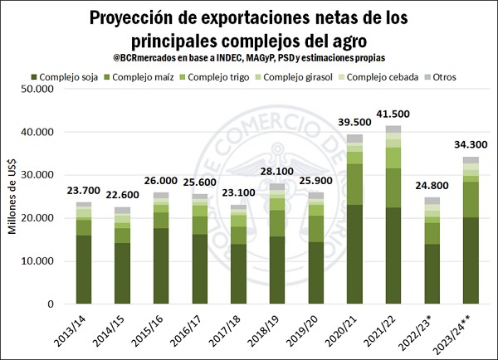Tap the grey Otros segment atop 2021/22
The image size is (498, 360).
[x=393, y=129]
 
